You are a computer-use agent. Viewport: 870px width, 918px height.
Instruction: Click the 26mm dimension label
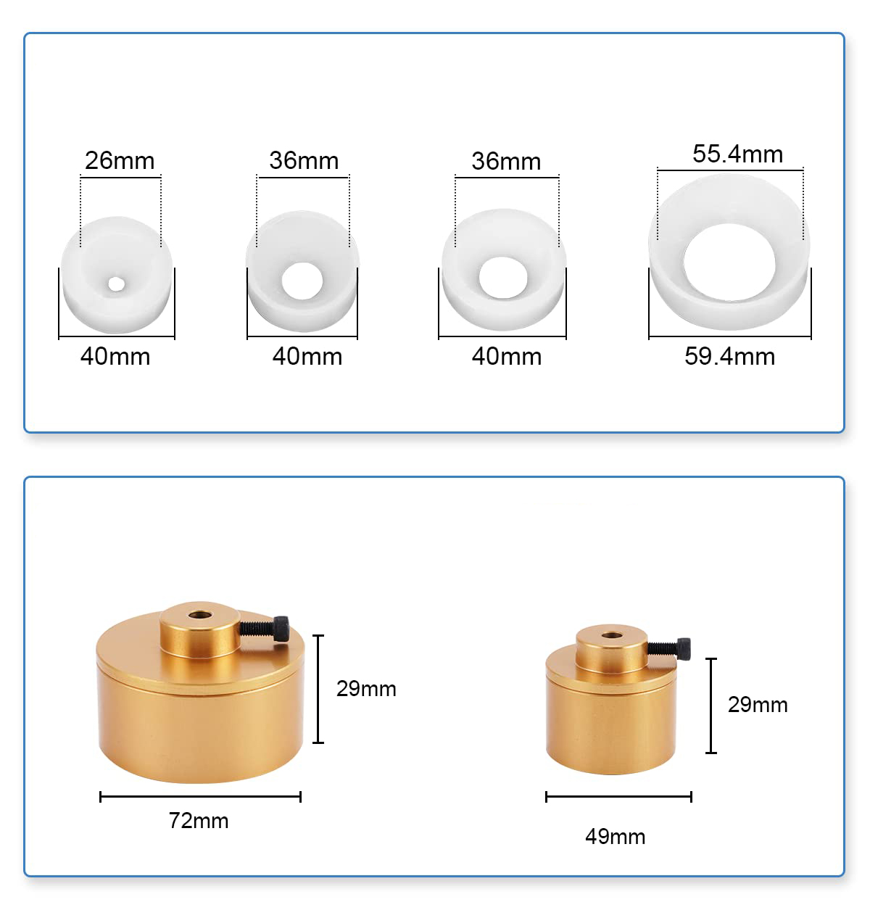pos(120,161)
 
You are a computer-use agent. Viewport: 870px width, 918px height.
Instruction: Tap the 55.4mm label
pos(737,154)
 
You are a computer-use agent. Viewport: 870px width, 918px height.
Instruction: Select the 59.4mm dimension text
pos(729,356)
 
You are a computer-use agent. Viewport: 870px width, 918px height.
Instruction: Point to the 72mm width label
pos(199,820)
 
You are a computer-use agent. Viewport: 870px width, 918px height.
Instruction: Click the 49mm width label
pos(615,836)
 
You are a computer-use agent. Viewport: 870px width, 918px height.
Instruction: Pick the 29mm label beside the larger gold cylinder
pos(366,689)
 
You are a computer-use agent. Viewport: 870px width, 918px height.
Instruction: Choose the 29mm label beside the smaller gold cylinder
pos(758,705)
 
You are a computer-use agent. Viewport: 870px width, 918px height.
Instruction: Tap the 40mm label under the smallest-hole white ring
pos(115,356)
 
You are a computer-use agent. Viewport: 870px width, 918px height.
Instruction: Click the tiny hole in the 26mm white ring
pos(116,284)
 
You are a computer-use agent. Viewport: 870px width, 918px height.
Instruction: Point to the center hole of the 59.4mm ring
pos(729,262)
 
